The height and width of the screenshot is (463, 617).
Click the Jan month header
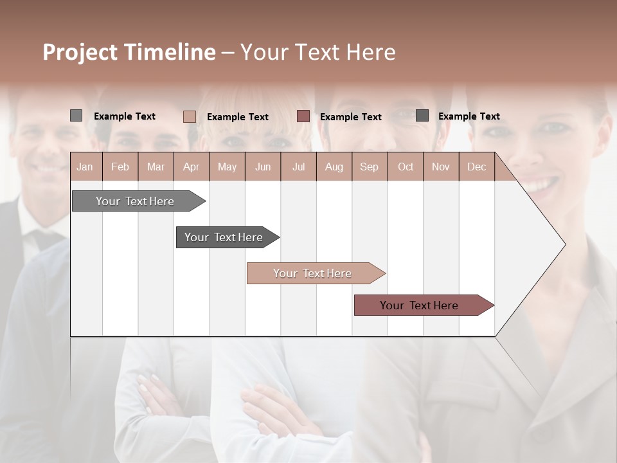pyautogui.click(x=85, y=167)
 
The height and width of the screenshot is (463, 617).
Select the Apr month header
pyautogui.click(x=192, y=167)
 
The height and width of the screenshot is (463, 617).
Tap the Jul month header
pyautogui.click(x=298, y=167)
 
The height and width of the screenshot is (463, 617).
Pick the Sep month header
pyautogui.click(x=370, y=167)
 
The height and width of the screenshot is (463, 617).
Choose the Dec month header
pyautogui.click(x=476, y=167)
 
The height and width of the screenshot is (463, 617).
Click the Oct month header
pyautogui.click(x=406, y=167)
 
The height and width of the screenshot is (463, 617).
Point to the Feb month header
pyautogui.click(x=120, y=167)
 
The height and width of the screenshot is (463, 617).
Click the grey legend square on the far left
pyautogui.click(x=76, y=116)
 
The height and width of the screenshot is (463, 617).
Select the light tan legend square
pyautogui.click(x=190, y=116)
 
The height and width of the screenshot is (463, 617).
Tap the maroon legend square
pyautogui.click(x=303, y=116)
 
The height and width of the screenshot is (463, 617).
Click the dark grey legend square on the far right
pyautogui.click(x=422, y=116)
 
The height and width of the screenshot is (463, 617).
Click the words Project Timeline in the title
pyautogui.click(x=129, y=52)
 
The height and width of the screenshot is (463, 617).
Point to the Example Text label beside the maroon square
pyautogui.click(x=351, y=117)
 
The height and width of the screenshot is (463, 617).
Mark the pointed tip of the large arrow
pyautogui.click(x=564, y=244)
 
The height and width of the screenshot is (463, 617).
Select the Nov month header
pyautogui.click(x=441, y=167)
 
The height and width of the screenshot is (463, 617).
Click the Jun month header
pyautogui.click(x=263, y=167)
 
